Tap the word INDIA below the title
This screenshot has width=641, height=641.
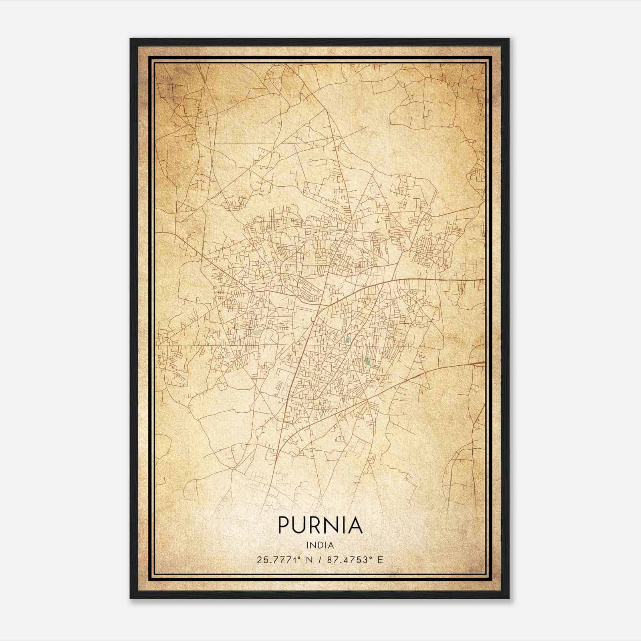click(x=320, y=545)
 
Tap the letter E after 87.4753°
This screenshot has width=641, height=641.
click(x=380, y=560)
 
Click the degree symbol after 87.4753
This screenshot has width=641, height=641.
click(x=371, y=558)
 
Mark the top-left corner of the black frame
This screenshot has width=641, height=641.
click(x=131, y=39)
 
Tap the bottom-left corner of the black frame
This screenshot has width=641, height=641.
click(x=131, y=598)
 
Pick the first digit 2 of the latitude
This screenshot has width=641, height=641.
click(x=260, y=560)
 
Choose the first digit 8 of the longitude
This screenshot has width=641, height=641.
click(x=330, y=560)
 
